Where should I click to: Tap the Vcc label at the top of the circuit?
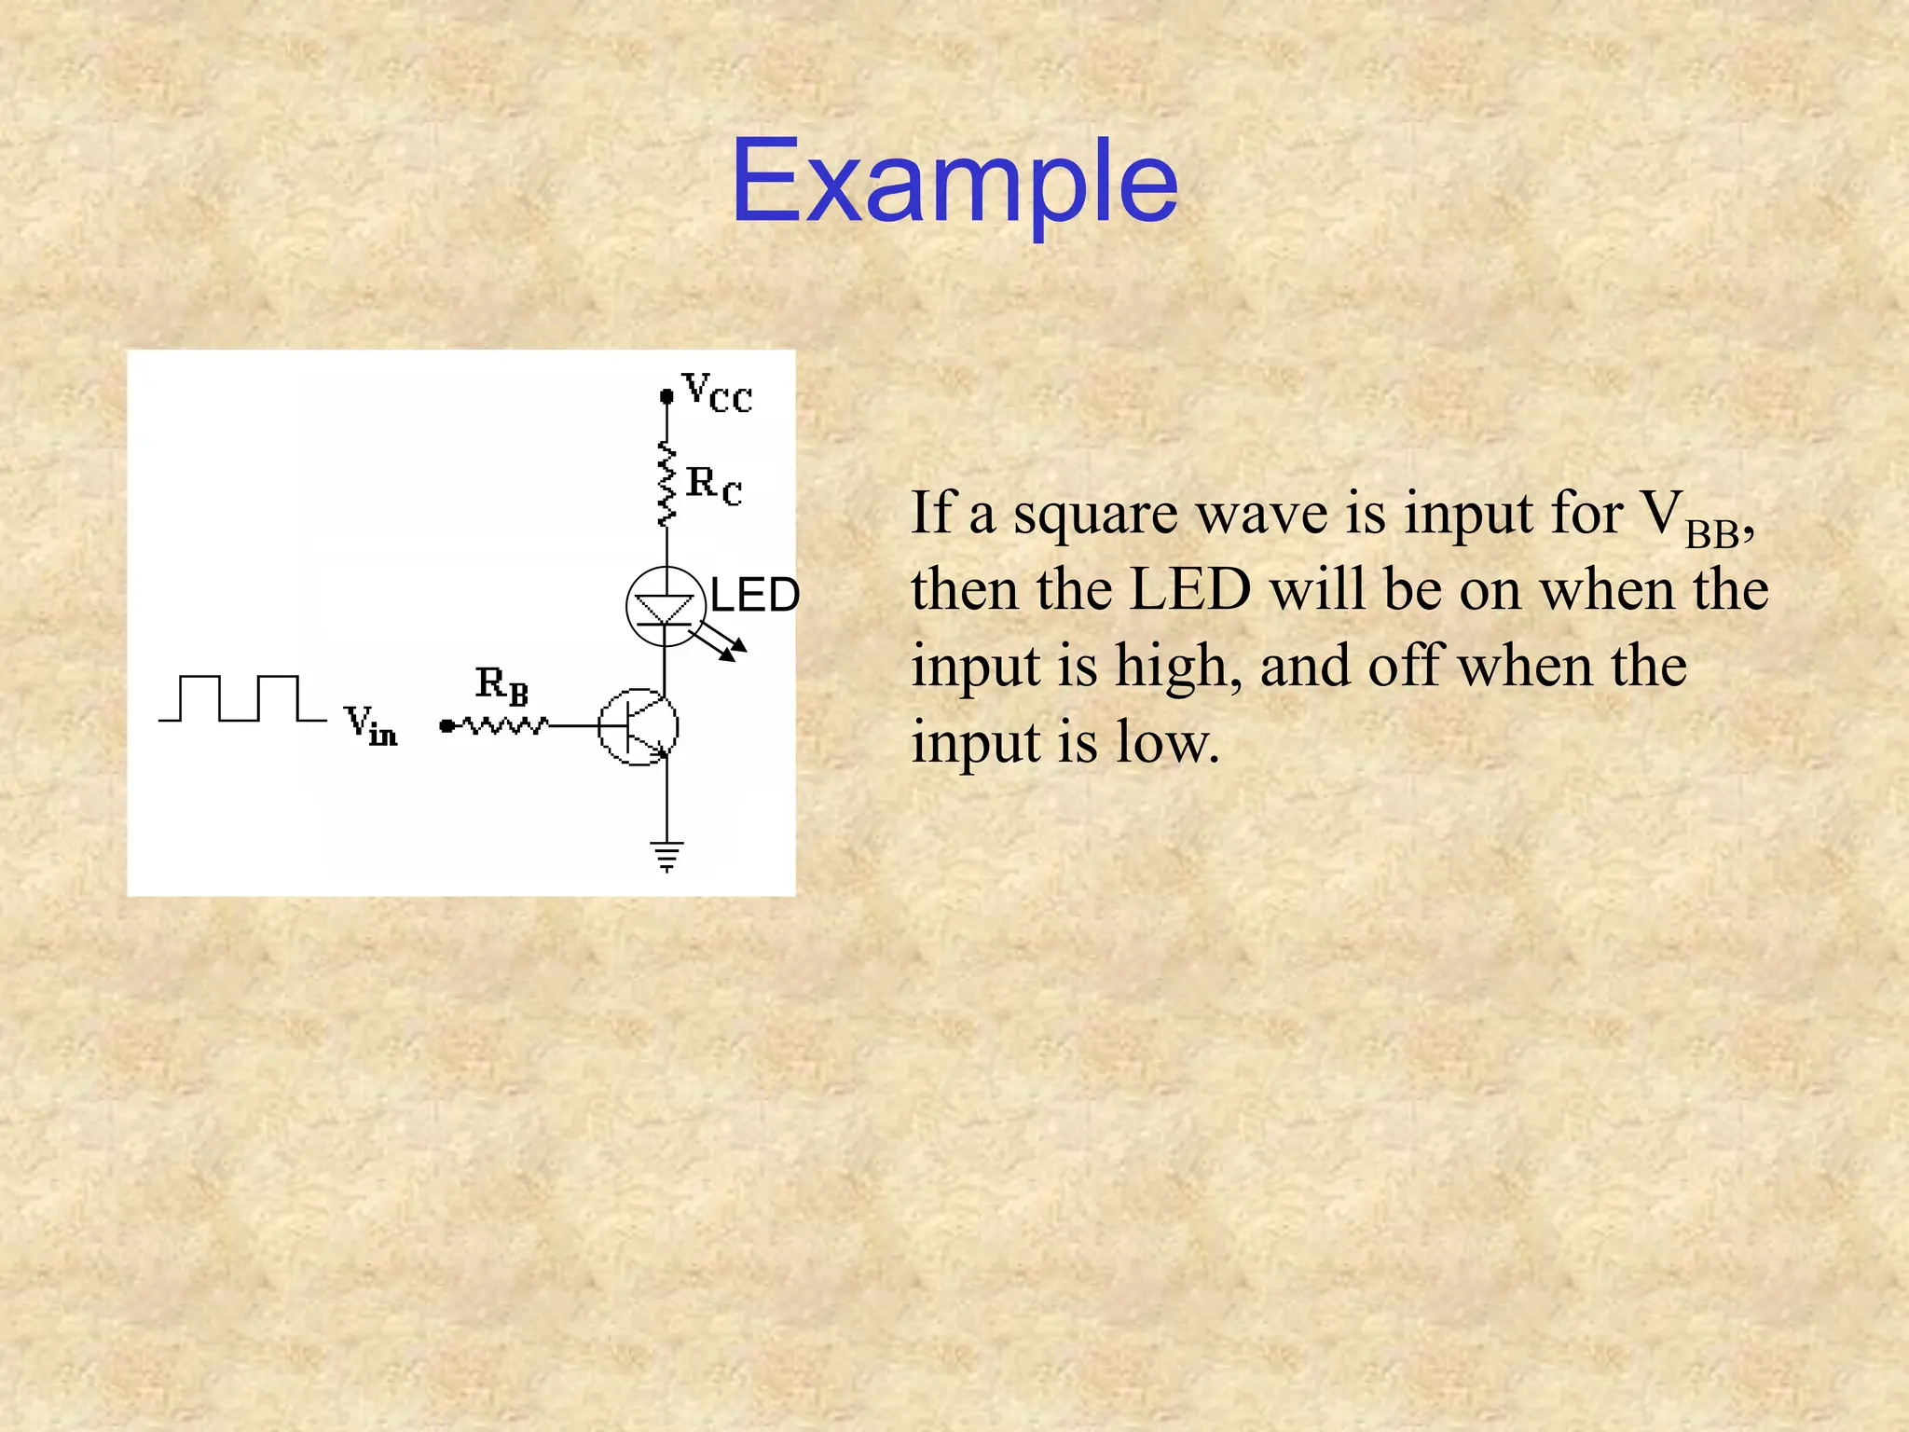coord(716,392)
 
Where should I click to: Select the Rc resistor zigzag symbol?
coord(666,485)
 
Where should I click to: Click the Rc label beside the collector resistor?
coord(714,485)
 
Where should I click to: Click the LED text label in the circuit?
coord(754,595)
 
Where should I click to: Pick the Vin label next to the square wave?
coord(370,725)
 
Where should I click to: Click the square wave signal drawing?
coord(242,698)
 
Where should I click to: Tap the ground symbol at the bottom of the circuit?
coord(666,855)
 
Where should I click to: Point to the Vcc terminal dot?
coord(666,396)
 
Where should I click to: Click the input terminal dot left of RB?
coord(446,725)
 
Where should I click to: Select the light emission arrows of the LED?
coord(722,643)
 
